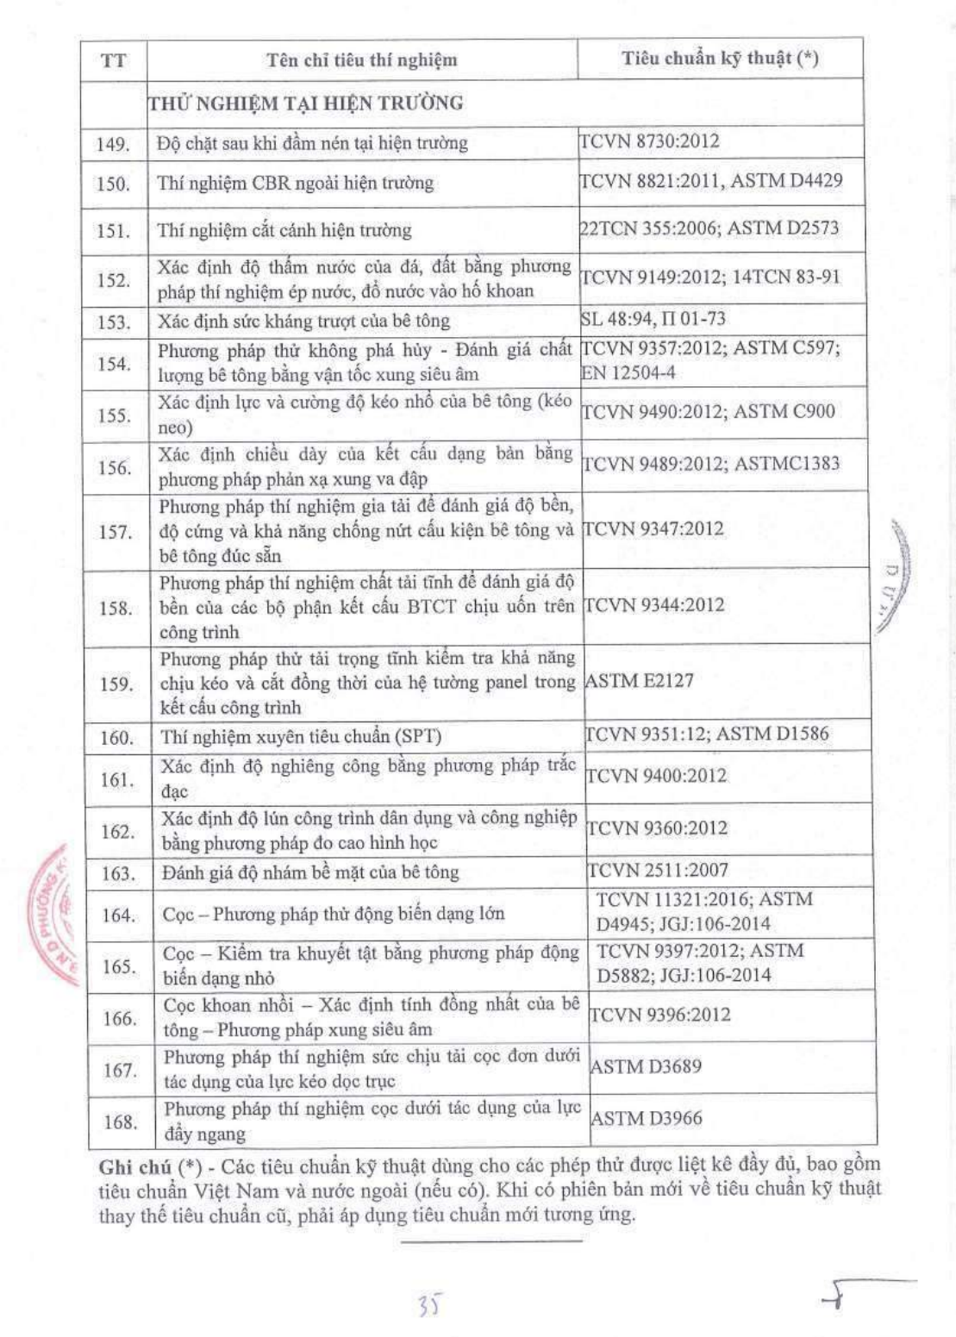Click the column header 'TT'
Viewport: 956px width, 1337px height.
pos(113,60)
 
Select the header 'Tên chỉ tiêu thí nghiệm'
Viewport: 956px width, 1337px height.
pos(361,59)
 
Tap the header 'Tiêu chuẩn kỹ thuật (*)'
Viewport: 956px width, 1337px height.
pos(720,58)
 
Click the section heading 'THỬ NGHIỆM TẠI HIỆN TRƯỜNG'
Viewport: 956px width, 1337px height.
pos(306,103)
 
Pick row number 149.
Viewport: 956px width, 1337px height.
pos(113,144)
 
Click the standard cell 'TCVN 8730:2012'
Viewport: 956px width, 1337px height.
pos(649,141)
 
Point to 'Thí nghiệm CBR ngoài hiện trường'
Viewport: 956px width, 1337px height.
pos(296,183)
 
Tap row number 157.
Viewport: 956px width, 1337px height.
pos(115,532)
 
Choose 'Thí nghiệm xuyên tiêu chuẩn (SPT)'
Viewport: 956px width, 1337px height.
pos(301,737)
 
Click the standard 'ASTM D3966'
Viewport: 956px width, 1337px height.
pos(647,1118)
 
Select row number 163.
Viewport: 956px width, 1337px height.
pos(118,873)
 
